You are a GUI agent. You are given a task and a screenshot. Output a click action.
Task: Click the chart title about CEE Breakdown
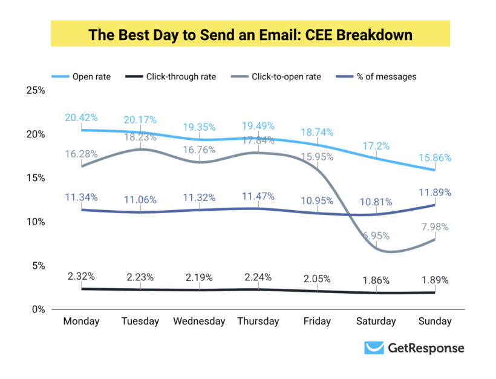tap(250, 35)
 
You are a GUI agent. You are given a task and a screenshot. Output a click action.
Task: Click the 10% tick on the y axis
tap(36, 222)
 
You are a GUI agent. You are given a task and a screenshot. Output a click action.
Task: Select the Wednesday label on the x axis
tap(199, 321)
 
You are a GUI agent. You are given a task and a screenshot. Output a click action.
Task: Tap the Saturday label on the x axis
tap(375, 321)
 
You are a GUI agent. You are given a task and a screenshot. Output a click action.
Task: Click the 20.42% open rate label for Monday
tap(82, 117)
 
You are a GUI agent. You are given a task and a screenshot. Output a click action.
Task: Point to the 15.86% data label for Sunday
tap(434, 157)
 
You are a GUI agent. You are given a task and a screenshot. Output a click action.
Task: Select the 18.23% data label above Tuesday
tap(140, 137)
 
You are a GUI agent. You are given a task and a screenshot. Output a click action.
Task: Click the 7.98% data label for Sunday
tap(434, 227)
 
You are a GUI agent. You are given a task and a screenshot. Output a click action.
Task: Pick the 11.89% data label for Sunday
tap(434, 193)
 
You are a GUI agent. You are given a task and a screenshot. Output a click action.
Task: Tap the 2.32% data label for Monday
tap(82, 277)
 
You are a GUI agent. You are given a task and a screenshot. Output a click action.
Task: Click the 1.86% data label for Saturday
tap(376, 281)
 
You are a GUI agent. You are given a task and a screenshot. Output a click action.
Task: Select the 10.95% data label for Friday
tap(317, 200)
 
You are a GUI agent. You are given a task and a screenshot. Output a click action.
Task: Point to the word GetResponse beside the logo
tap(426, 348)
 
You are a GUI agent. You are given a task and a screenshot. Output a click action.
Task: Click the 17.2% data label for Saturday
tap(376, 146)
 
